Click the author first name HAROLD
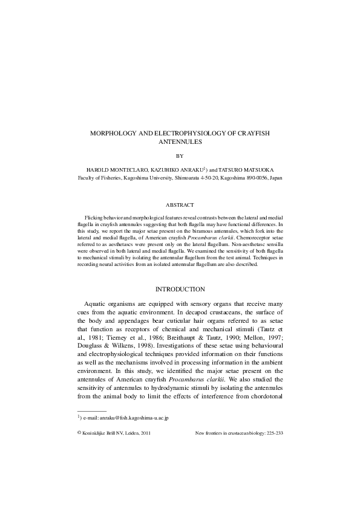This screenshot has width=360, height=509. (100, 170)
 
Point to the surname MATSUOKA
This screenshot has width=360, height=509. (259, 170)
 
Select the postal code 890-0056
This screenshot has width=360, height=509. (255, 178)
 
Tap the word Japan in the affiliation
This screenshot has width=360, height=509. (275, 178)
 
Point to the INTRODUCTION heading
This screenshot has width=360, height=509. (180, 289)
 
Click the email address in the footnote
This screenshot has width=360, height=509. (127, 418)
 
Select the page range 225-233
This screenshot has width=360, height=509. (272, 433)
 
